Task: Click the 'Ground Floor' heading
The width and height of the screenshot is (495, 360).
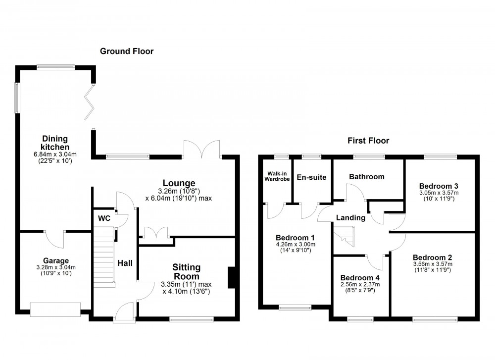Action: pyautogui.click(x=127, y=51)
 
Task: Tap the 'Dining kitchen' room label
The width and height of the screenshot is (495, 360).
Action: pyautogui.click(x=54, y=143)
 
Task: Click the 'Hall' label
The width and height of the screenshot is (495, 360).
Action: pyautogui.click(x=125, y=263)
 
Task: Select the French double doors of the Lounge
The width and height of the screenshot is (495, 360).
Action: pyautogui.click(x=202, y=148)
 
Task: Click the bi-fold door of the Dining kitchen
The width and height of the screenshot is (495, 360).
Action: pyautogui.click(x=90, y=102)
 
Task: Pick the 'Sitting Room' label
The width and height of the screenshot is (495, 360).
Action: pyautogui.click(x=186, y=272)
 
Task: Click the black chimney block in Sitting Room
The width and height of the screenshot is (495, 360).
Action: pyautogui.click(x=231, y=277)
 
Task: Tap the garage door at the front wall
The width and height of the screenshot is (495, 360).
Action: pyautogui.click(x=54, y=309)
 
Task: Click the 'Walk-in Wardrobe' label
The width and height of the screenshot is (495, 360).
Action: pyautogui.click(x=275, y=176)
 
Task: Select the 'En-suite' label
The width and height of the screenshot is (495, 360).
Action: pyautogui.click(x=311, y=177)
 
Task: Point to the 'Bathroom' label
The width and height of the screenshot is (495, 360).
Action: pyautogui.click(x=366, y=177)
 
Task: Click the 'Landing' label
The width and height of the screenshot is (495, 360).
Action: pyautogui.click(x=350, y=218)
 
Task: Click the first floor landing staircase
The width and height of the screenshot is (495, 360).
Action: pyautogui.click(x=345, y=235)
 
